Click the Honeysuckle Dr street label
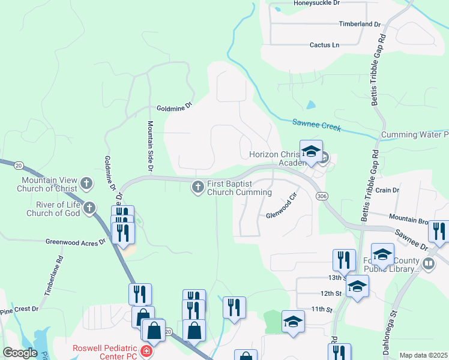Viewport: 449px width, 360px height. coord(316,3)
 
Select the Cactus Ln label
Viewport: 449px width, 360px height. coord(324,45)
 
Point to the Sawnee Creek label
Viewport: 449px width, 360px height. coord(316,125)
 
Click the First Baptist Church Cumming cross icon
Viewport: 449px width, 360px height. coord(197,187)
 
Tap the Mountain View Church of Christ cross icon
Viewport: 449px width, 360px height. coord(86,183)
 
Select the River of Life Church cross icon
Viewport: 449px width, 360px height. coord(89,208)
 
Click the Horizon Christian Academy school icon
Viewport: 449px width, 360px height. coord(312,152)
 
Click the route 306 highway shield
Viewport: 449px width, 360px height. coord(322,196)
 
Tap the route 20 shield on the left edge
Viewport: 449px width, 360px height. coord(19,165)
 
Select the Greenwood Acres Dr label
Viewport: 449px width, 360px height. coord(76,242)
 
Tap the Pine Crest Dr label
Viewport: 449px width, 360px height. coord(19,309)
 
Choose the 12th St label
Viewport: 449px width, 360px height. coord(330,294)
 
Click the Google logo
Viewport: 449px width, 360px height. coord(19,353)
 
